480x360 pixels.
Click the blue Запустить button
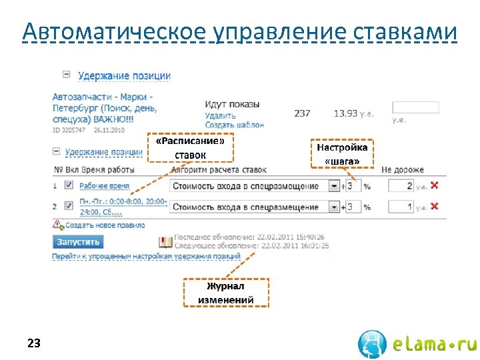[79, 241]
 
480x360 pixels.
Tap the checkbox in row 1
[69, 185]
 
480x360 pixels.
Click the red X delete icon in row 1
[435, 185]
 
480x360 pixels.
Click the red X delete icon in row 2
[435, 207]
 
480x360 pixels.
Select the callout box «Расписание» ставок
[191, 148]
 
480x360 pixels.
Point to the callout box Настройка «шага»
[342, 154]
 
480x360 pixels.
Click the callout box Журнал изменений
[226, 293]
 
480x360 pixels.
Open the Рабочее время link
[104, 186]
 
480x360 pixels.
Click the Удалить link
[220, 116]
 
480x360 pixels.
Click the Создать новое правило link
[105, 225]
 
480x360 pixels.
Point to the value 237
[302, 113]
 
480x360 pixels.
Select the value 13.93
[345, 113]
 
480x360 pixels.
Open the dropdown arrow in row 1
[334, 186]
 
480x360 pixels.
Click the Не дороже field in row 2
[401, 207]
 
